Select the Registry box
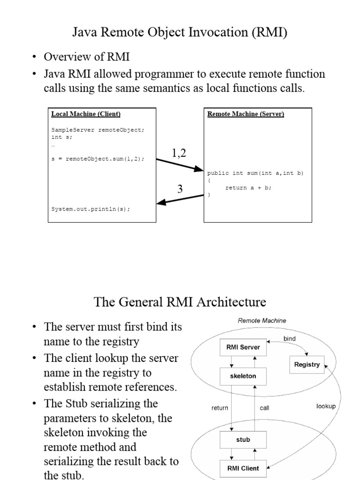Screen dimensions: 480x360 click(307, 364)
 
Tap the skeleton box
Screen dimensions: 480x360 click(243, 376)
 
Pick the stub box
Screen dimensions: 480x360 click(243, 440)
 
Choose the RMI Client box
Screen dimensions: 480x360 click(243, 468)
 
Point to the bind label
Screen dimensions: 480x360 click(290, 338)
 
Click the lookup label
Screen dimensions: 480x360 click(326, 406)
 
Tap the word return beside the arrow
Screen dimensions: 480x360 click(219, 408)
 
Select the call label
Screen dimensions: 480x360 click(264, 408)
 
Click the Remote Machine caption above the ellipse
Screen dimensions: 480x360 click(262, 321)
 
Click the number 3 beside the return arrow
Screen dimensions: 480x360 click(180, 189)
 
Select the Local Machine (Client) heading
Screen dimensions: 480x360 click(86, 114)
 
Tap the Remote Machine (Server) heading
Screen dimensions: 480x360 click(246, 114)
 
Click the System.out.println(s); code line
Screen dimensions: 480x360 click(90, 210)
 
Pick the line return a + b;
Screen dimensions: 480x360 click(248, 187)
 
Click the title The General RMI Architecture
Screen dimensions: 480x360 click(180, 301)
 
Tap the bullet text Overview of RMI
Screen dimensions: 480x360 click(87, 57)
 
